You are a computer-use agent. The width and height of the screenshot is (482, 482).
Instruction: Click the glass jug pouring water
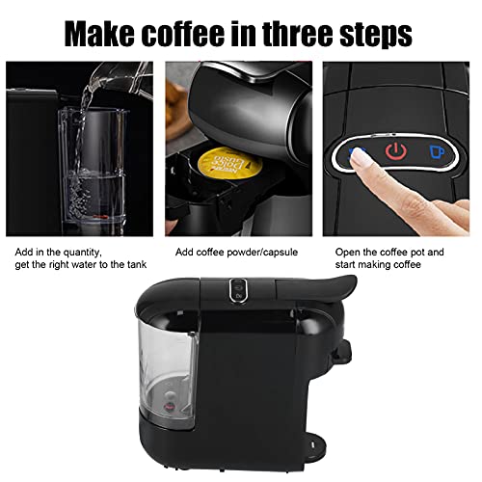pos(115,81)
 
